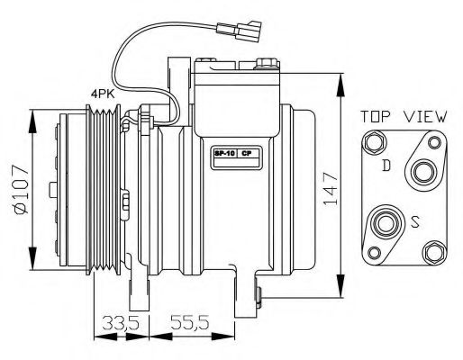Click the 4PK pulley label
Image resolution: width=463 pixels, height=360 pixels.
102,92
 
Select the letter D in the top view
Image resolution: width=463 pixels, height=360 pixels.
386,165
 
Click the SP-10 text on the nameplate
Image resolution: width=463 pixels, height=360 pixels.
222,154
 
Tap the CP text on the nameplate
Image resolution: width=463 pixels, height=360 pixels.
246,154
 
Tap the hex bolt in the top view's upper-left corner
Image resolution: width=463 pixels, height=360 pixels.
373,143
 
